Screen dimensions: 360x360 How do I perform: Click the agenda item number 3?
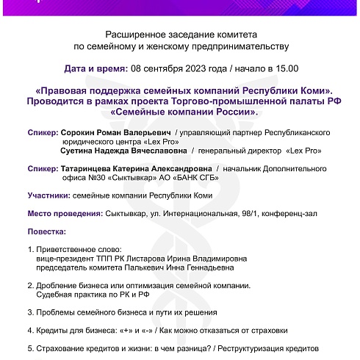(x=29, y=312)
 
